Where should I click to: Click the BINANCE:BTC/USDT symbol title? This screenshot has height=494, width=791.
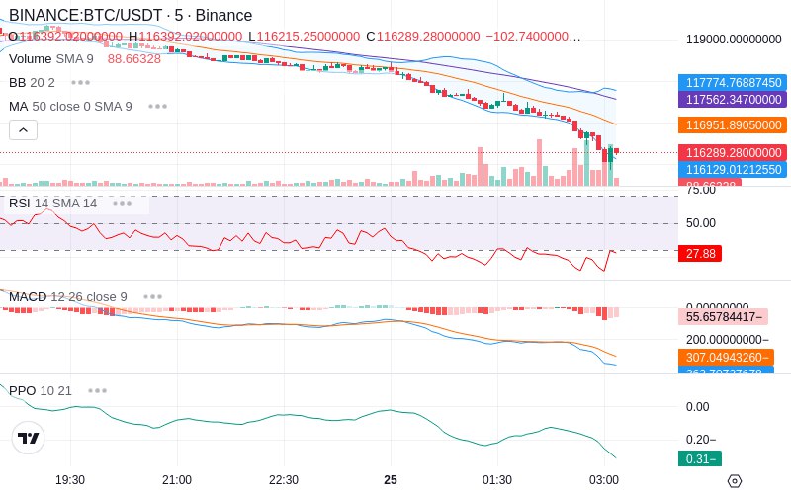[86, 16]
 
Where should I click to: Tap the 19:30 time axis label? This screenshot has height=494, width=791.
[70, 479]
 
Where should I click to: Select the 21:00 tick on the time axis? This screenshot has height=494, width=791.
[177, 479]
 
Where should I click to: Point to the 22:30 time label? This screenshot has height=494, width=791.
[284, 479]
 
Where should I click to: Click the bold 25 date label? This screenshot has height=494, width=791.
[391, 479]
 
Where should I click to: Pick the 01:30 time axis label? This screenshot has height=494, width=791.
[497, 479]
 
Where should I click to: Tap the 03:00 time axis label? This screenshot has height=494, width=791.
[604, 479]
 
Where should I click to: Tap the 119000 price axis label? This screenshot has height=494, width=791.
[735, 41]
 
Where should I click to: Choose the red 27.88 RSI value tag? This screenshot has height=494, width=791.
[700, 254]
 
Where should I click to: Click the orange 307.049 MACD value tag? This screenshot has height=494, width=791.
[725, 358]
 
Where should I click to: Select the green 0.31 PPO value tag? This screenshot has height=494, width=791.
[699, 458]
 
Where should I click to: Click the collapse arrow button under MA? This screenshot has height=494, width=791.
[23, 129]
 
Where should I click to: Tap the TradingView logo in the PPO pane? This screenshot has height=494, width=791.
[29, 438]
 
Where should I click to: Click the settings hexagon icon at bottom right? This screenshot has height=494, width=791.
[734, 481]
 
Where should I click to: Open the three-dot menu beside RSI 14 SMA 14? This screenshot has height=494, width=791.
[122, 204]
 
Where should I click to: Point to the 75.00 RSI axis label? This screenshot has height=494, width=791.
[701, 190]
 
